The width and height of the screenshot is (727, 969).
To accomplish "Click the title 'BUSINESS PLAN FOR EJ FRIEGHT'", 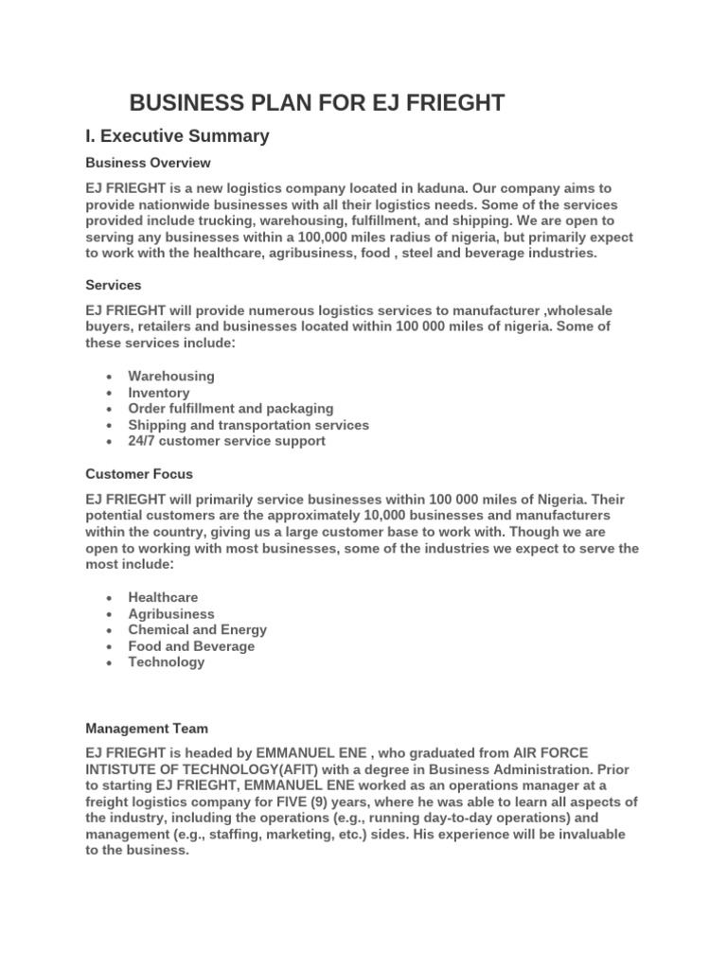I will (317, 103).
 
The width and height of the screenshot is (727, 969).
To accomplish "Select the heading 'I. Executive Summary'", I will (177, 136).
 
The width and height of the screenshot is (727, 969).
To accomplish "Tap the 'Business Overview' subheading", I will (148, 163).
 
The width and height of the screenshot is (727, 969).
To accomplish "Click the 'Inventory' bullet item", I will (159, 392).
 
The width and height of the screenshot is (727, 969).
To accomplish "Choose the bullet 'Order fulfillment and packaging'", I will (231, 408).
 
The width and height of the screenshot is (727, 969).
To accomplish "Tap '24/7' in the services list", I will (144, 441).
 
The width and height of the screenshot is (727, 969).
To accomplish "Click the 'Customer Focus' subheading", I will (139, 473).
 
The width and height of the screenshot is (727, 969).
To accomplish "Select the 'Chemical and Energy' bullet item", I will (198, 629).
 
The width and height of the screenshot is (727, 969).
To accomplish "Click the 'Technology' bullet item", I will (167, 662).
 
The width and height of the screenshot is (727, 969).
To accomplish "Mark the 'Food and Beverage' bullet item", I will (191, 646).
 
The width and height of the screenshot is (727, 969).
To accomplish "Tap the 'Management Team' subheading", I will (147, 729).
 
